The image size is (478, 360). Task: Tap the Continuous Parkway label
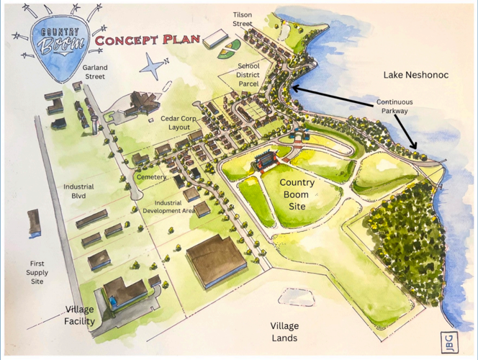[394, 107]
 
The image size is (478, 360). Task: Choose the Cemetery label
[151, 177]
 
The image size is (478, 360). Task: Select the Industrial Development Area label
[164, 207]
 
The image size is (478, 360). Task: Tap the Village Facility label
[80, 315]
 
